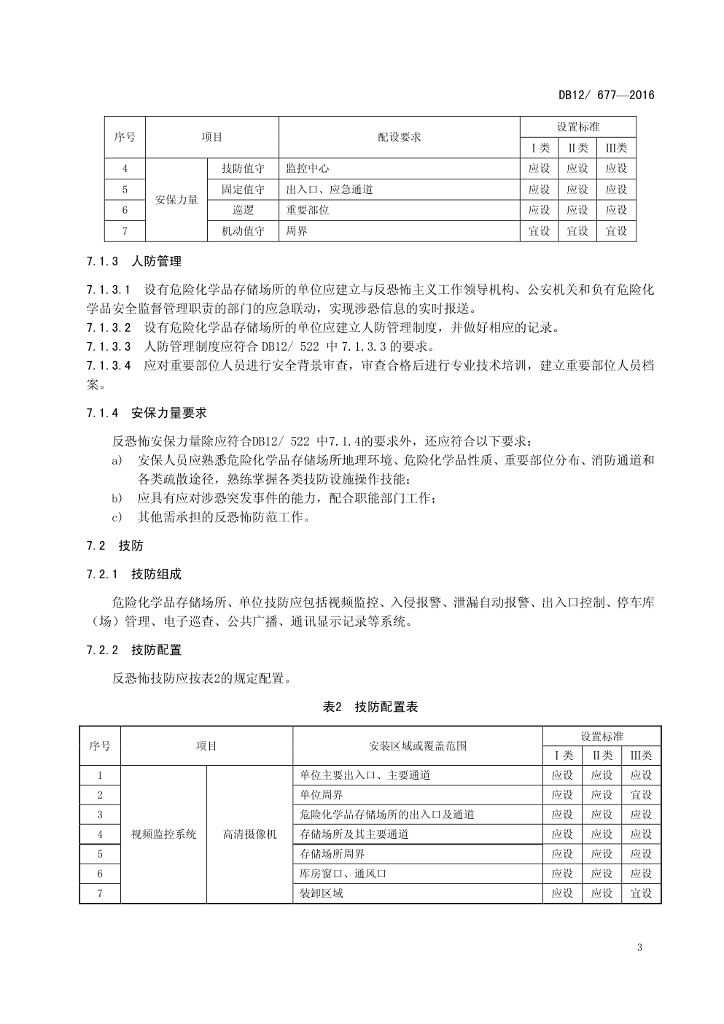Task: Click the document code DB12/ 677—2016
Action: pos(606,95)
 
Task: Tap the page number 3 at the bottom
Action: pos(639,947)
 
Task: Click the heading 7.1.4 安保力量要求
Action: pos(146,413)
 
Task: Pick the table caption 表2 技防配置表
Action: pos(370,707)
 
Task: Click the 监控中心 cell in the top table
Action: pos(308,168)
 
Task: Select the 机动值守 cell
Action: pos(244,231)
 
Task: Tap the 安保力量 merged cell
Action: pos(176,200)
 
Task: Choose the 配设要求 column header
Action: pos(399,137)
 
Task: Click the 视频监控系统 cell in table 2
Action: pos(163,834)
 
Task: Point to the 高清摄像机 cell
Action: pos(249,834)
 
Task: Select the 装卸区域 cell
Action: pos(322,893)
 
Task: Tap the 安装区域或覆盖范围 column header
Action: pos(418,746)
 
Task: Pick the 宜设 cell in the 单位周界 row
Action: pos(641,795)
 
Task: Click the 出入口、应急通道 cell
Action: pos(330,190)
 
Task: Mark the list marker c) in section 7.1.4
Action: pos(117,518)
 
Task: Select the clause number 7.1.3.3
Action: pos(109,346)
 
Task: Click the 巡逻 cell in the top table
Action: pos(244,210)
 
